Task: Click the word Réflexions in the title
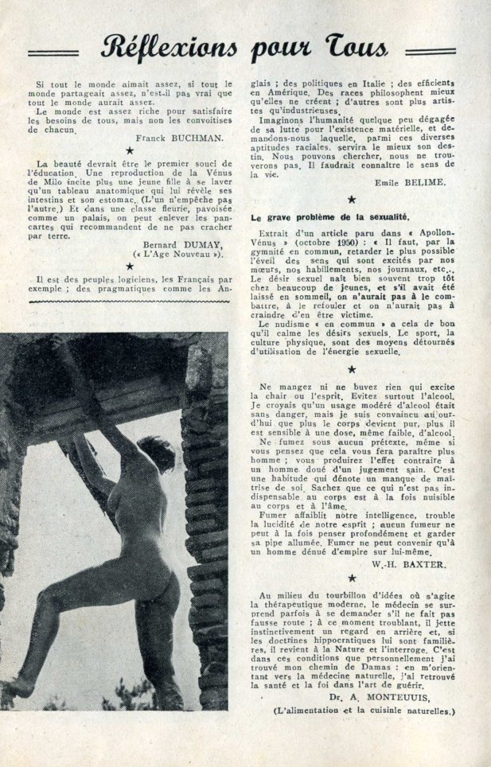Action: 169,49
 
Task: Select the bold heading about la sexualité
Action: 329,216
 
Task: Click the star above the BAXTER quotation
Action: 352,368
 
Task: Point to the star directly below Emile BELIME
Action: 352,199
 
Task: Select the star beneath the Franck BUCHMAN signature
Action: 130,150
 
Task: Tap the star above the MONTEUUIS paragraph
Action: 352,578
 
